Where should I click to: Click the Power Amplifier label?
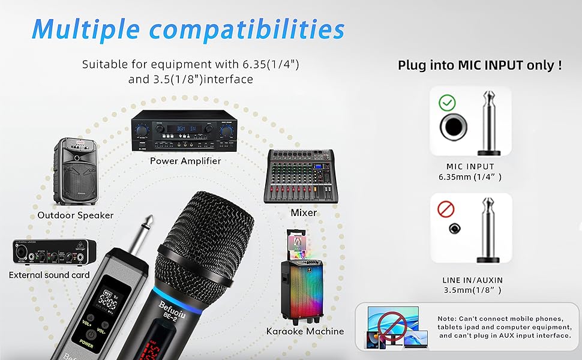pos(185,161)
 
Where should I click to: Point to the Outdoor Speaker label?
pos(75,215)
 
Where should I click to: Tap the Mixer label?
pos(303,212)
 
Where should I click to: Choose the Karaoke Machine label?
pos(305,331)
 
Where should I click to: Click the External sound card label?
pos(49,275)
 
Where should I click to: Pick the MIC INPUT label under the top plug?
pos(470,167)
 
